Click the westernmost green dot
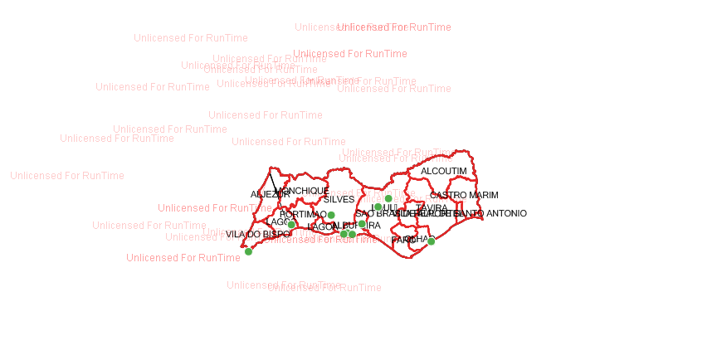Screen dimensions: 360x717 [x=248, y=251]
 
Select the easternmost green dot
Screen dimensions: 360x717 [x=431, y=241]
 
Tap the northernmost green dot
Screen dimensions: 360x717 [x=388, y=198]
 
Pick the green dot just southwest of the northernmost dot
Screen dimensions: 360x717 [x=378, y=207]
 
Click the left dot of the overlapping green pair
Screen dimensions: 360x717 [x=344, y=234]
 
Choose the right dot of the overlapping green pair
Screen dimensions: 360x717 [x=352, y=234]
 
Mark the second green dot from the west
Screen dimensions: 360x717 [x=290, y=224]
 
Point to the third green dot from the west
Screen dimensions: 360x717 [x=331, y=215]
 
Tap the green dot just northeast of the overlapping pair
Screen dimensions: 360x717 [x=362, y=223]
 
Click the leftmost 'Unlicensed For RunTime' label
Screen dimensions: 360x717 [x=67, y=176]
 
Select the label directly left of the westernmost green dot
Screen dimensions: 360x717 [x=183, y=258]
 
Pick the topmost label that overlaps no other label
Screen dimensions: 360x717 [x=191, y=38]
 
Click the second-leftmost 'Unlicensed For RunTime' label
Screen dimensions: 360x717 [x=117, y=139]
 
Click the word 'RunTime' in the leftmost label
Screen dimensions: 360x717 [x=103, y=176]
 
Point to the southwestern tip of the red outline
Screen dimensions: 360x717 [x=242, y=247]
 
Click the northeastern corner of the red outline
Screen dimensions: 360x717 [x=470, y=152]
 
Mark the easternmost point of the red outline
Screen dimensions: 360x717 [x=483, y=217]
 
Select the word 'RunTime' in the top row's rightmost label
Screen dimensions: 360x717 [x=430, y=27]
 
